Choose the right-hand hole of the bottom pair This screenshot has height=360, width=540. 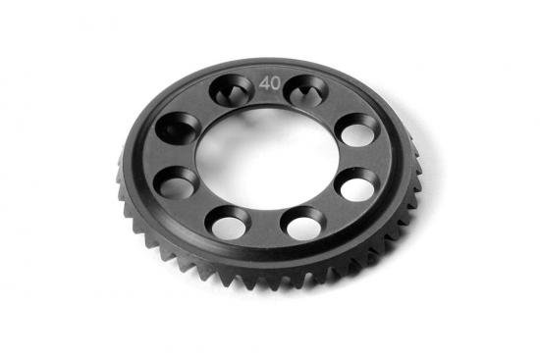(301, 224)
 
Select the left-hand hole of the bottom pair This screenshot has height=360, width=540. (225, 223)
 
